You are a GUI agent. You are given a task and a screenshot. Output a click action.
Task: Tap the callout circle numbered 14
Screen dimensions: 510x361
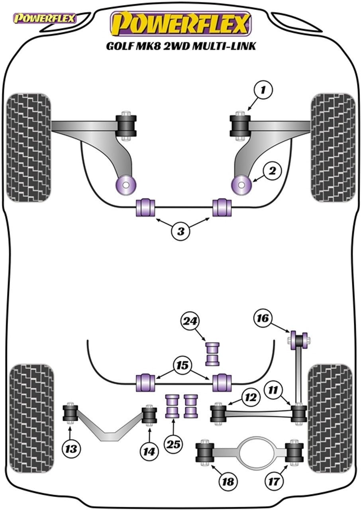click(149, 451)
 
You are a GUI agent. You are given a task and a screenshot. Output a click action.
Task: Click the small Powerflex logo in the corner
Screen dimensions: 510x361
click(45, 18)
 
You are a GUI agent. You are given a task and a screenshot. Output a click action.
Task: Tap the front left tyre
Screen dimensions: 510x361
click(29, 147)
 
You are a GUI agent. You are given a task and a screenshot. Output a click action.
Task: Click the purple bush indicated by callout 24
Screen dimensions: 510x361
click(213, 353)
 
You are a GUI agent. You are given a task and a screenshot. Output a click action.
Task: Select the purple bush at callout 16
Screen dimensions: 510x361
click(299, 340)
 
